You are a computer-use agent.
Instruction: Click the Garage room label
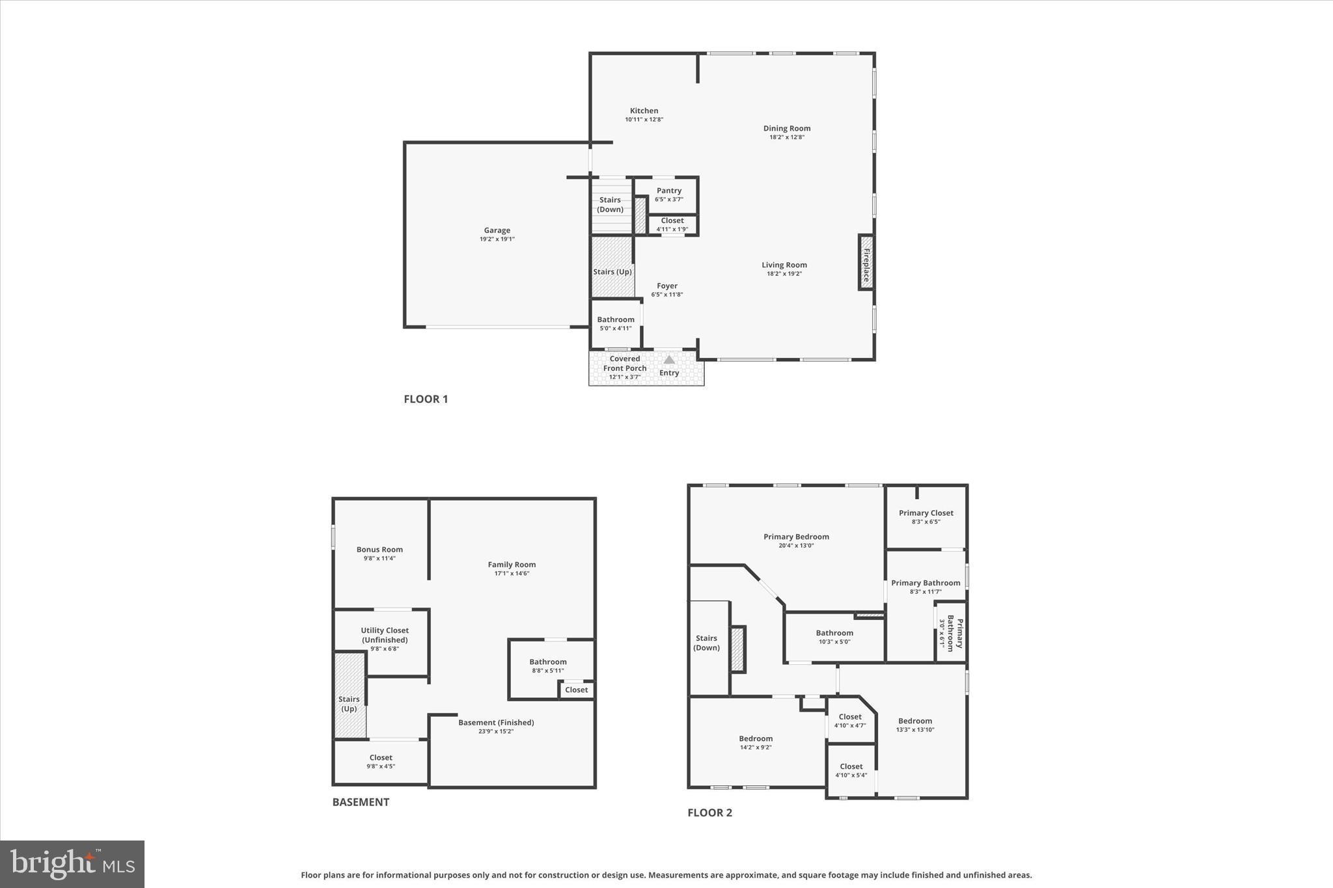click(497, 230)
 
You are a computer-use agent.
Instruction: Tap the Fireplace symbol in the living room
click(866, 262)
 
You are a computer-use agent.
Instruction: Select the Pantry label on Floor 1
click(668, 191)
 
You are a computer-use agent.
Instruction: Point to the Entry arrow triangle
click(668, 360)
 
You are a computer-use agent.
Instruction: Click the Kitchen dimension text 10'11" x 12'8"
click(644, 120)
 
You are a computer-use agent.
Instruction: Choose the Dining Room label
click(786, 128)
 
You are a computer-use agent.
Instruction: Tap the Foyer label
click(666, 286)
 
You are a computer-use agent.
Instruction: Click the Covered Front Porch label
click(625, 364)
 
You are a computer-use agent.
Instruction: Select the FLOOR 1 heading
click(426, 399)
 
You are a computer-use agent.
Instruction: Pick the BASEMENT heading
click(361, 802)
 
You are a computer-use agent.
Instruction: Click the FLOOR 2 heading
click(709, 813)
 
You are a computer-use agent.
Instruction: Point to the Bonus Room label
click(379, 550)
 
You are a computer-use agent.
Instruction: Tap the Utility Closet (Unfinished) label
click(385, 635)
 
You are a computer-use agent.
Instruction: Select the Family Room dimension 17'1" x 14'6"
click(512, 574)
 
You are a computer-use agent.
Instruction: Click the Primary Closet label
click(926, 513)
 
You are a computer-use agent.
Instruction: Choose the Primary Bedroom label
click(796, 537)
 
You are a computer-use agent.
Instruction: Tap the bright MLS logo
click(72, 864)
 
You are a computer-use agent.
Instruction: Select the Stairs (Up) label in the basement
click(349, 704)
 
